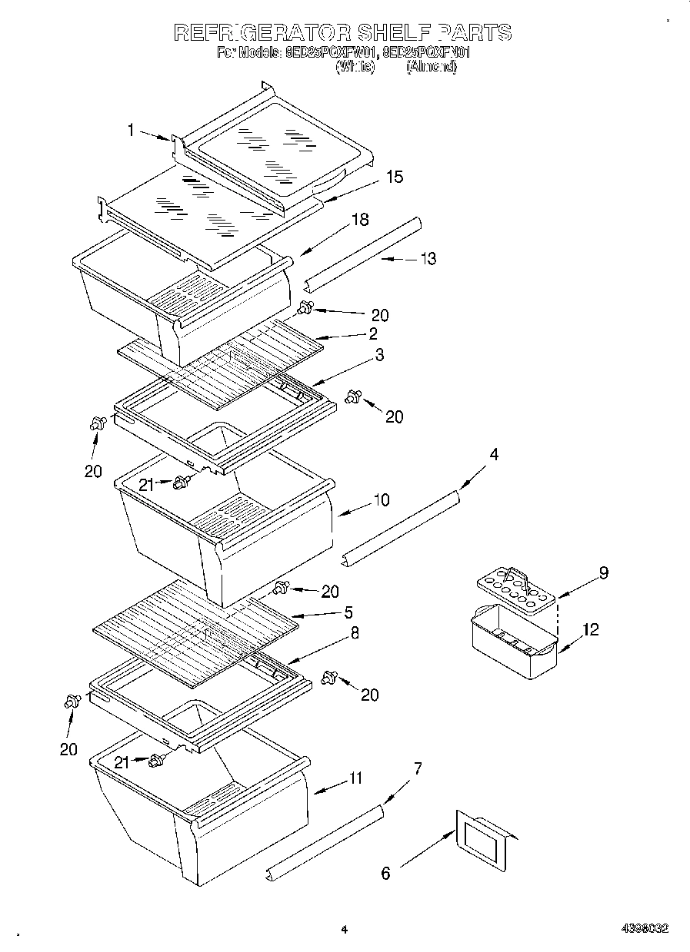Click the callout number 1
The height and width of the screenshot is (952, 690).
(131, 131)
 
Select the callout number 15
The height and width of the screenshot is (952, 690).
(394, 177)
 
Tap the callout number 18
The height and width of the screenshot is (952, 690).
(360, 220)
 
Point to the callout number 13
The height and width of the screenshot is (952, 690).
(428, 259)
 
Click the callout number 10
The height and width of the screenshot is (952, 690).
(381, 501)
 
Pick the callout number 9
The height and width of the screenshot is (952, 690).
(604, 572)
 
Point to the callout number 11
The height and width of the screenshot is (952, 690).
(355, 778)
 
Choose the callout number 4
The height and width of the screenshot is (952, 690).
(494, 455)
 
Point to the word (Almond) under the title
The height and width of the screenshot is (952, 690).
(432, 67)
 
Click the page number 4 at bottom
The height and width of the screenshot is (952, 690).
(345, 930)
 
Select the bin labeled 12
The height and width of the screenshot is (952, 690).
(512, 642)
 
